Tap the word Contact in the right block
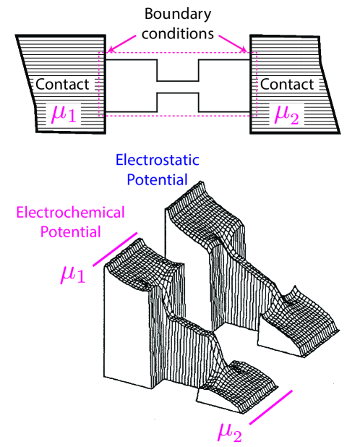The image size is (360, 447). click(x=287, y=85)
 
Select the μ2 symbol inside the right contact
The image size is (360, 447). click(x=287, y=113)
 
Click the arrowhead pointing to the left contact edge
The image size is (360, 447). click(x=108, y=51)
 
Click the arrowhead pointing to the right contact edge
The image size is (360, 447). click(x=249, y=51)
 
